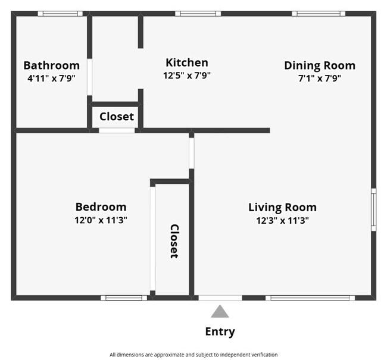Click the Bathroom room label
51,65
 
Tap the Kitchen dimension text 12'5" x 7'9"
187,76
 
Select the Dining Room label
319,65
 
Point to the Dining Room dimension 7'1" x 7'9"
319,77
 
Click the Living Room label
282,207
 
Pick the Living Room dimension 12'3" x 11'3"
282,220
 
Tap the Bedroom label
101,207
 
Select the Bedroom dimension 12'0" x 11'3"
101,220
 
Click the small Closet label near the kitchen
117,117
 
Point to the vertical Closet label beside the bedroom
174,241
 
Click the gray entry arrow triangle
220,311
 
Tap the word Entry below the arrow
220,332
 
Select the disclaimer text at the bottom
193,355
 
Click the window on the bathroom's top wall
60,13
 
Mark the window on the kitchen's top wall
198,13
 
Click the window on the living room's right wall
373,209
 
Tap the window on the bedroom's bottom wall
123,298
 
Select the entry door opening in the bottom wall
220,298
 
